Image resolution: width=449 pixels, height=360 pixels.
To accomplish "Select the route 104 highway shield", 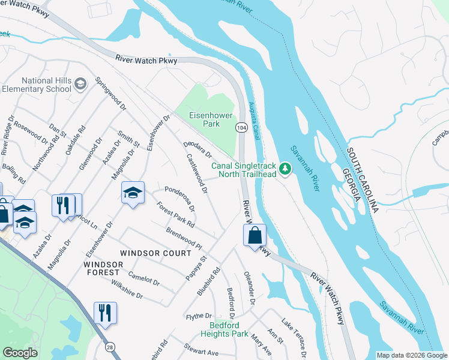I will coord(241,127).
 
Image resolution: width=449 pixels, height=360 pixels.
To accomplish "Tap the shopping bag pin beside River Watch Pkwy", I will coord(255,235).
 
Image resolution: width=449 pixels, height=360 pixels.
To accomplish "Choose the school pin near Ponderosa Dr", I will coord(133,193).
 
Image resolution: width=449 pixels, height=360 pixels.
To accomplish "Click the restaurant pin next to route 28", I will coord(105,313).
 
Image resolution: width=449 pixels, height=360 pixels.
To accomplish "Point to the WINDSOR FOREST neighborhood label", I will coord(101,268).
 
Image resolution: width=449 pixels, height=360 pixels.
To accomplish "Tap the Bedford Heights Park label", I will coord(223,329).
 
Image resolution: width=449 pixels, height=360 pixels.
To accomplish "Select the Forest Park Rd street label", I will coord(175,214).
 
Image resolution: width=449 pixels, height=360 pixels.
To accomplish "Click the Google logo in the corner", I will coord(20,353).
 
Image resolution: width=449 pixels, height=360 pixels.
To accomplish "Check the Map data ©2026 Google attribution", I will coord(411,355).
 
